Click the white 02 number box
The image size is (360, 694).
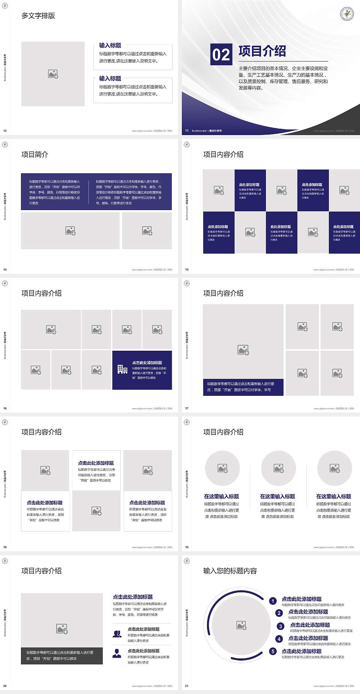click(221, 54)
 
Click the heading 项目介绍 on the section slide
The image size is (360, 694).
click(262, 51)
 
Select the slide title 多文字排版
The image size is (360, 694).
click(38, 16)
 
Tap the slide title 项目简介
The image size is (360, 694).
click(35, 155)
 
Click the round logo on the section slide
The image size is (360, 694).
click(347, 14)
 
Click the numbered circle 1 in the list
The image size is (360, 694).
click(273, 601)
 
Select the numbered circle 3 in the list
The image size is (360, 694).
click(280, 626)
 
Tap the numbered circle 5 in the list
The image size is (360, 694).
click(273, 651)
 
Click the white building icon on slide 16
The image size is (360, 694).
click(122, 370)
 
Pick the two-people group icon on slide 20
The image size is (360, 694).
click(117, 634)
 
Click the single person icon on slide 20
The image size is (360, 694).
click(117, 653)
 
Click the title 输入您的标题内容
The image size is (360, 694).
click(230, 571)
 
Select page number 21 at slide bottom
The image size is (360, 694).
click(187, 686)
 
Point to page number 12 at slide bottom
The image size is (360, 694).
click(5, 131)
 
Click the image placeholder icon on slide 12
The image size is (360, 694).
click(53, 74)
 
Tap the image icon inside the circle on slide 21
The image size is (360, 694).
click(241, 625)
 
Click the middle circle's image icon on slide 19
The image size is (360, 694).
click(279, 468)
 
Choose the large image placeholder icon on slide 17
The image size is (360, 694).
click(243, 350)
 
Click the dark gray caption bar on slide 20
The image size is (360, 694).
click(62, 655)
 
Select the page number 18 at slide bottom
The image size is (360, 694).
click(5, 547)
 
